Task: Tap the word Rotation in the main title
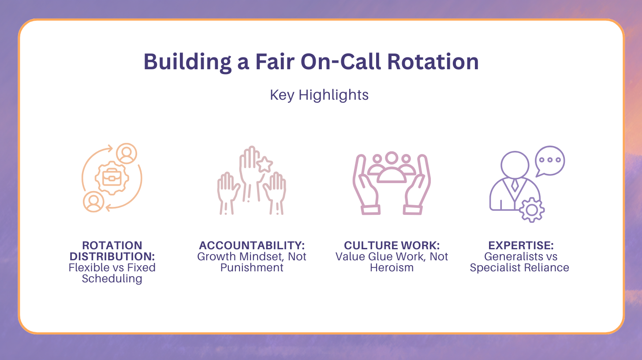tap(433, 62)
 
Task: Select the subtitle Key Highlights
tap(319, 95)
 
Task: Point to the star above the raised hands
tap(264, 165)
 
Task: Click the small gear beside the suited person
tap(532, 210)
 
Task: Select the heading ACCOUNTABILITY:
tap(252, 246)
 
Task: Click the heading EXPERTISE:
tap(519, 246)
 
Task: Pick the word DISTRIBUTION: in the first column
tap(112, 257)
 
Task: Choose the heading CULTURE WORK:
tap(392, 246)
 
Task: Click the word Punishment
tap(252, 267)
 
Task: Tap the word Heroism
tap(392, 267)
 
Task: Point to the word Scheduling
tap(112, 279)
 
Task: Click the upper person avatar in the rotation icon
tap(127, 154)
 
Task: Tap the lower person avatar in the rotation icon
tap(93, 202)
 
